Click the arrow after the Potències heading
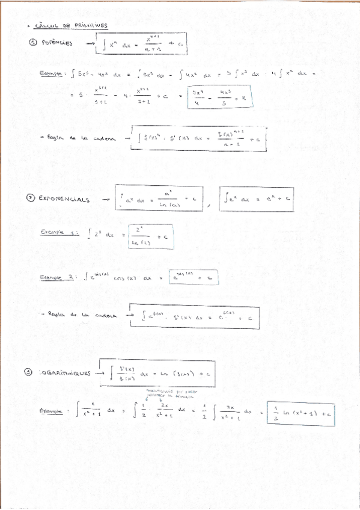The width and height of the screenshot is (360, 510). point(90,43)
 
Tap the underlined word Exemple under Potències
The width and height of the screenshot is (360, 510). point(52,73)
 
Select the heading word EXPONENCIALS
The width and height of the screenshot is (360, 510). point(63,198)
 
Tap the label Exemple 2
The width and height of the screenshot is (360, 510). point(59,277)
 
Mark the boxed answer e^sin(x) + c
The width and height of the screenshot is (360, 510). point(193,277)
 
